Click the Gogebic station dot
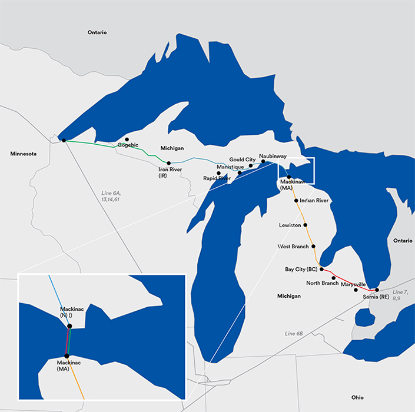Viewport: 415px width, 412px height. point(127,139)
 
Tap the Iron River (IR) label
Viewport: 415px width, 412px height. point(170,172)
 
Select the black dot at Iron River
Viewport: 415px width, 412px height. point(169,163)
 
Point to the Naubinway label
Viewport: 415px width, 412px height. point(273,156)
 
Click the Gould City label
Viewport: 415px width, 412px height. point(243,160)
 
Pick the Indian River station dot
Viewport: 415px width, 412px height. point(296,201)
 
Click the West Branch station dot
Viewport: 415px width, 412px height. point(313,246)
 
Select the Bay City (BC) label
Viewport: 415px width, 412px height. point(301,269)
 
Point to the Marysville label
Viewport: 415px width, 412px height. point(353,284)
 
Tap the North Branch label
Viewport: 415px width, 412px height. point(323,283)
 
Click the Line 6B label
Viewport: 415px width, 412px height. point(293,334)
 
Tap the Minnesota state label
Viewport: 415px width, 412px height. point(24,154)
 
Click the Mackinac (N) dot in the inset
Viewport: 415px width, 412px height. point(70,325)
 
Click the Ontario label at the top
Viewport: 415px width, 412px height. point(97,32)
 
